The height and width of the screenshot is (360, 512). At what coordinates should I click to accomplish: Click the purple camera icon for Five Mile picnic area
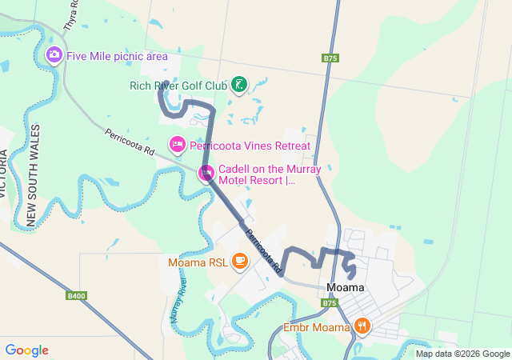[54, 55]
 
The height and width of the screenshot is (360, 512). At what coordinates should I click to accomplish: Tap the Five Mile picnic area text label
[117, 56]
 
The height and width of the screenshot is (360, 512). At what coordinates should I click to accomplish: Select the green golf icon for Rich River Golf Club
[238, 84]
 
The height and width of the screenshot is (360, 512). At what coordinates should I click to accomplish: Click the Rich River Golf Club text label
[178, 86]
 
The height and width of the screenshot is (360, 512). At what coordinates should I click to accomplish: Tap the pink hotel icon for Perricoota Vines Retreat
[177, 145]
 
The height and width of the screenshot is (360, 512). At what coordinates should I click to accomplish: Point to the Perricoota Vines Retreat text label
[250, 146]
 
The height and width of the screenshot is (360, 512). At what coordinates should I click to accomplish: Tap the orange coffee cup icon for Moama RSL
[239, 261]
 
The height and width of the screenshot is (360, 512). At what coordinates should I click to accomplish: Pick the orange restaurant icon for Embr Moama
[362, 326]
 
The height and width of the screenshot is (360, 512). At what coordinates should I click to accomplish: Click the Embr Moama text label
[317, 327]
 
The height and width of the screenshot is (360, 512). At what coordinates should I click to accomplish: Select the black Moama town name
[346, 287]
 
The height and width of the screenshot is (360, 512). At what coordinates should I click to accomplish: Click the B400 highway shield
[77, 296]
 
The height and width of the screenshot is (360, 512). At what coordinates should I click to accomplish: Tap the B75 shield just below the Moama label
[330, 303]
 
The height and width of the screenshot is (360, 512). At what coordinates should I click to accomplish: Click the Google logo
[26, 350]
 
